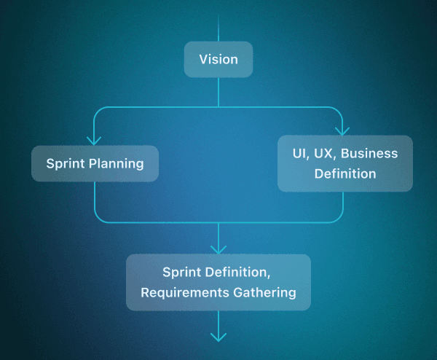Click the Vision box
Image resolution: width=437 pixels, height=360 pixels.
[219, 59]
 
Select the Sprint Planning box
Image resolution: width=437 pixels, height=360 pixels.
[95, 163]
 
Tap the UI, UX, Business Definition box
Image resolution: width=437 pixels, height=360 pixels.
[345, 163]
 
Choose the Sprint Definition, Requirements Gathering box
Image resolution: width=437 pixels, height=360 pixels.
[219, 282]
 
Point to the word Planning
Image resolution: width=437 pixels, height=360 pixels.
[116, 163]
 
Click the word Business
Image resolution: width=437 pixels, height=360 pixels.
[369, 154]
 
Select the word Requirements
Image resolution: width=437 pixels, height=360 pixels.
[182, 292]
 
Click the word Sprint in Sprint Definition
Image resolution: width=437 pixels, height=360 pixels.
[181, 273]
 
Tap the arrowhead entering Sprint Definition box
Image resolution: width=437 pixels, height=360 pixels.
[219, 249]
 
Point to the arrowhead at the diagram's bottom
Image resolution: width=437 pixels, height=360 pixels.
[219, 336]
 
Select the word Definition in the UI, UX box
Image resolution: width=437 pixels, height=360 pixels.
[345, 173]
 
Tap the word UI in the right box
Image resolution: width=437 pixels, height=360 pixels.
[299, 154]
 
